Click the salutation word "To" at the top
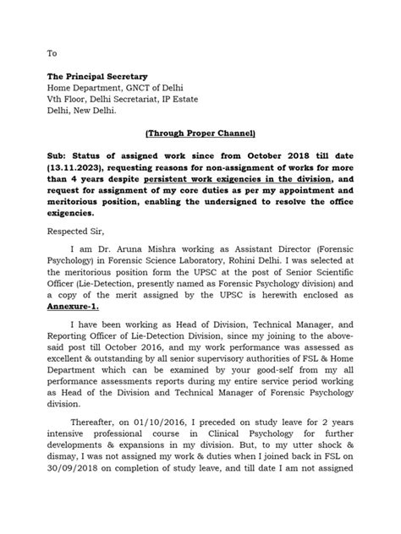(x=52, y=52)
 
